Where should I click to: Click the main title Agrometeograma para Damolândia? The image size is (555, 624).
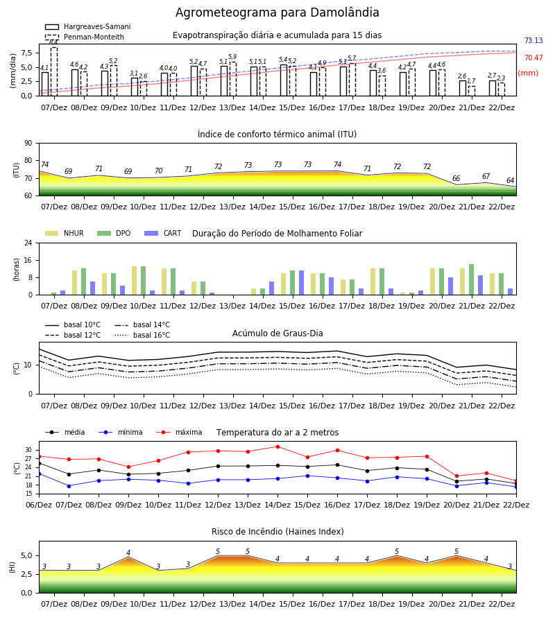click(277, 12)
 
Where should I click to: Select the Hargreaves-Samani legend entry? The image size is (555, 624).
click(87, 26)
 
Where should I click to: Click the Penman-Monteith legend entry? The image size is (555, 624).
click(85, 37)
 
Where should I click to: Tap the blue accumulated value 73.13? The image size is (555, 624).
click(533, 41)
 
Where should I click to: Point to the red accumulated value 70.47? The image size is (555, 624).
click(533, 58)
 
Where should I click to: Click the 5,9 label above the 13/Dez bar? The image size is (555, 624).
click(232, 57)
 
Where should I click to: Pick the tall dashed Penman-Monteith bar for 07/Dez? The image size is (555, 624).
click(54, 71)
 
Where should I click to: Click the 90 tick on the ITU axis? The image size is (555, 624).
click(28, 144)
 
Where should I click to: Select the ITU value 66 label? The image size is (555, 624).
click(456, 178)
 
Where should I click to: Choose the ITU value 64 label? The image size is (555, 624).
click(510, 181)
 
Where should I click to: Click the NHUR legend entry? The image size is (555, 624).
click(65, 233)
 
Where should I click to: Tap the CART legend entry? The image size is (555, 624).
click(163, 233)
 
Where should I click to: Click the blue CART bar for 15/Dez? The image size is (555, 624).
click(301, 283)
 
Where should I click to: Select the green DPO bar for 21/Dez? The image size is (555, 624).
click(471, 280)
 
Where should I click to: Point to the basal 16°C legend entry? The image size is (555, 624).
click(142, 335)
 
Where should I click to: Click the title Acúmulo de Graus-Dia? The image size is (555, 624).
click(277, 333)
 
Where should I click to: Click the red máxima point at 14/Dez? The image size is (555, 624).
click(277, 447)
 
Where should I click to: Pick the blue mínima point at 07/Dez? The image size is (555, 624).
click(69, 486)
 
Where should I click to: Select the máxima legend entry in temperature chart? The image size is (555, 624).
click(179, 432)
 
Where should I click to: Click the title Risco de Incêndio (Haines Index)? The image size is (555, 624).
click(277, 532)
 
